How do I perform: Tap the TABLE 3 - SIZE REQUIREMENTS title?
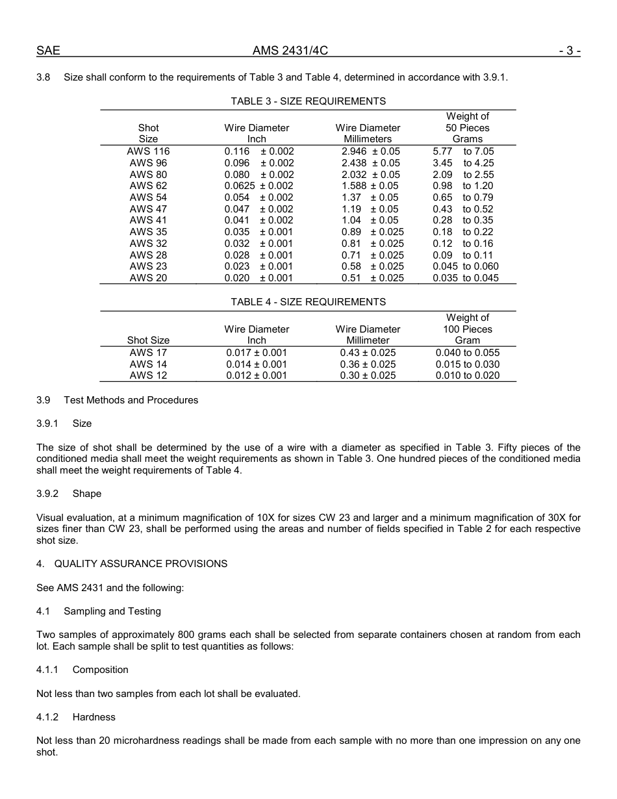pos(308,101)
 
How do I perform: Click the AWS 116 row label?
pos(148,151)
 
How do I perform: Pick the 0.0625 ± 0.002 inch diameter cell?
pos(258,186)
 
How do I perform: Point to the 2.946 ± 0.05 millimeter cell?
pos(370,151)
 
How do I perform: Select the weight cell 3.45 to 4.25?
pos(463,163)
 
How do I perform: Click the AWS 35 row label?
pos(148,232)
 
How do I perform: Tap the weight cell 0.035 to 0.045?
pos(466,278)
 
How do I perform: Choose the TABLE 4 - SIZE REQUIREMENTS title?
pos(308,302)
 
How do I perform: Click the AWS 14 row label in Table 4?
pos(148,364)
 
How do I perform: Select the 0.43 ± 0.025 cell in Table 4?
pos(368,353)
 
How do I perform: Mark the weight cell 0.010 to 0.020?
pos(467,375)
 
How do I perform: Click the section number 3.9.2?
pos(47,494)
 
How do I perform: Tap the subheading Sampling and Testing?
pos(112,611)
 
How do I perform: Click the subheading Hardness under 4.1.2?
pos(94,717)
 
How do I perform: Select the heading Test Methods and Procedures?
pos(131,400)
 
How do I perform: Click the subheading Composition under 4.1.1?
pos(100,670)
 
